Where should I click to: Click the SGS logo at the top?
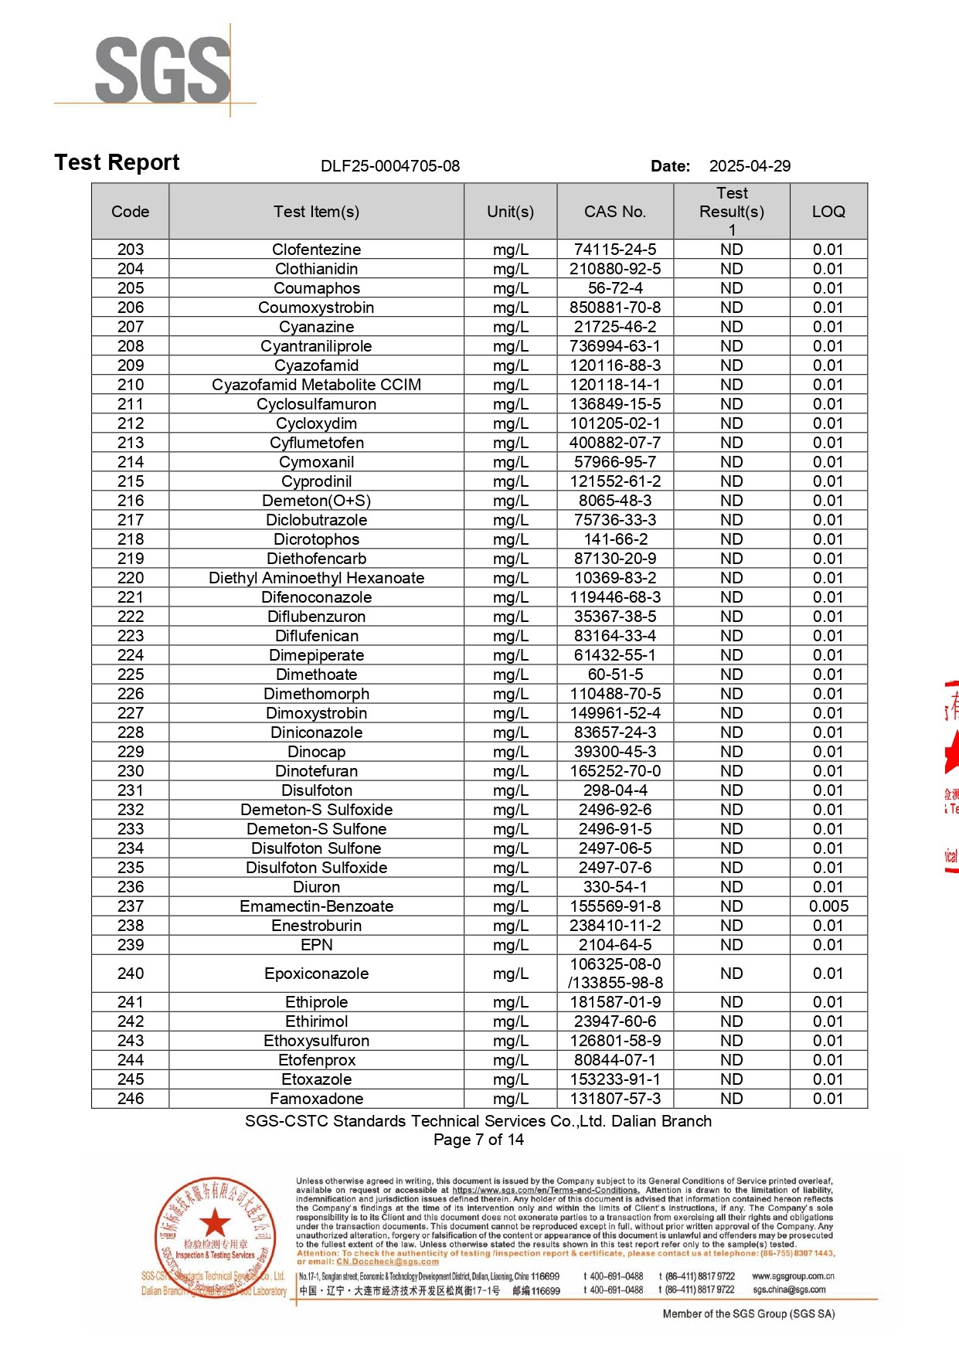[x=162, y=70]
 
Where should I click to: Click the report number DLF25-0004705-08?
[x=390, y=166]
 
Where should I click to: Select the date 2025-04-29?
[x=750, y=166]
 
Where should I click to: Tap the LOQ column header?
[x=828, y=212]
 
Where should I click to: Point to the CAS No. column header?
[x=615, y=212]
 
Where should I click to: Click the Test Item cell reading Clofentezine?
[x=316, y=250]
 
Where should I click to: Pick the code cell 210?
[x=131, y=385]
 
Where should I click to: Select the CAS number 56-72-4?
[x=615, y=288]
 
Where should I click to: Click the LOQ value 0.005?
[x=828, y=906]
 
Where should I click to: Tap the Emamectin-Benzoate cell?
[x=316, y=906]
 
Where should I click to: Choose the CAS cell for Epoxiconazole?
[x=615, y=974]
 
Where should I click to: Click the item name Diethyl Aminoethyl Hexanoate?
[x=316, y=578]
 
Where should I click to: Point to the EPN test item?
[x=316, y=945]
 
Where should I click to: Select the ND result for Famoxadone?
[x=731, y=1099]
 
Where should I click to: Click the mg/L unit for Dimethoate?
[x=510, y=675]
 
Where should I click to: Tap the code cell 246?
[x=131, y=1099]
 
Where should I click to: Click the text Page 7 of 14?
[x=478, y=1140]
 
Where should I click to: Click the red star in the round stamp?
[x=215, y=1223]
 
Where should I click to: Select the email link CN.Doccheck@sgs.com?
[x=387, y=1262]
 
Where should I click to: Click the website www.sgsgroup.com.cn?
[x=793, y=1276]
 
